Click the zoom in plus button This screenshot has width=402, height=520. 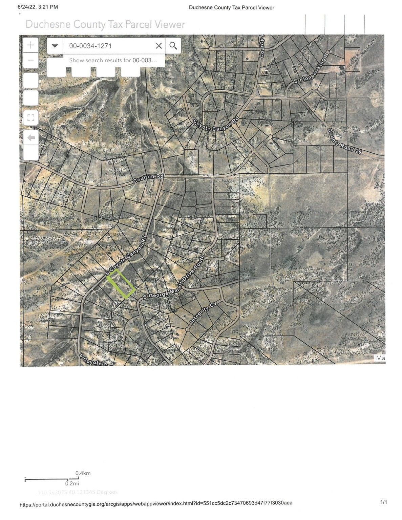31,45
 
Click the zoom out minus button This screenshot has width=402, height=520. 31,61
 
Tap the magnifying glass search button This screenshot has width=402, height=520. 173,46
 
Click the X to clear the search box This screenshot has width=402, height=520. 158,46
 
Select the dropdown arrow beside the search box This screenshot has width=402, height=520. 55,46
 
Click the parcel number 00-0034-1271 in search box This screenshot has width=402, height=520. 90,46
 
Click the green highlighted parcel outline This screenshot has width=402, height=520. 121,284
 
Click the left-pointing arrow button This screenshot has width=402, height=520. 31,138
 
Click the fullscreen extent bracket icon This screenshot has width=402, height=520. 31,118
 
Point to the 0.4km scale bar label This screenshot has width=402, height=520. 83,473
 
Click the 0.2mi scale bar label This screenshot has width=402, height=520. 72,483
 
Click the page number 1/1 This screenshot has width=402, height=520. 383,502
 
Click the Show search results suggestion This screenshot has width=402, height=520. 113,60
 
